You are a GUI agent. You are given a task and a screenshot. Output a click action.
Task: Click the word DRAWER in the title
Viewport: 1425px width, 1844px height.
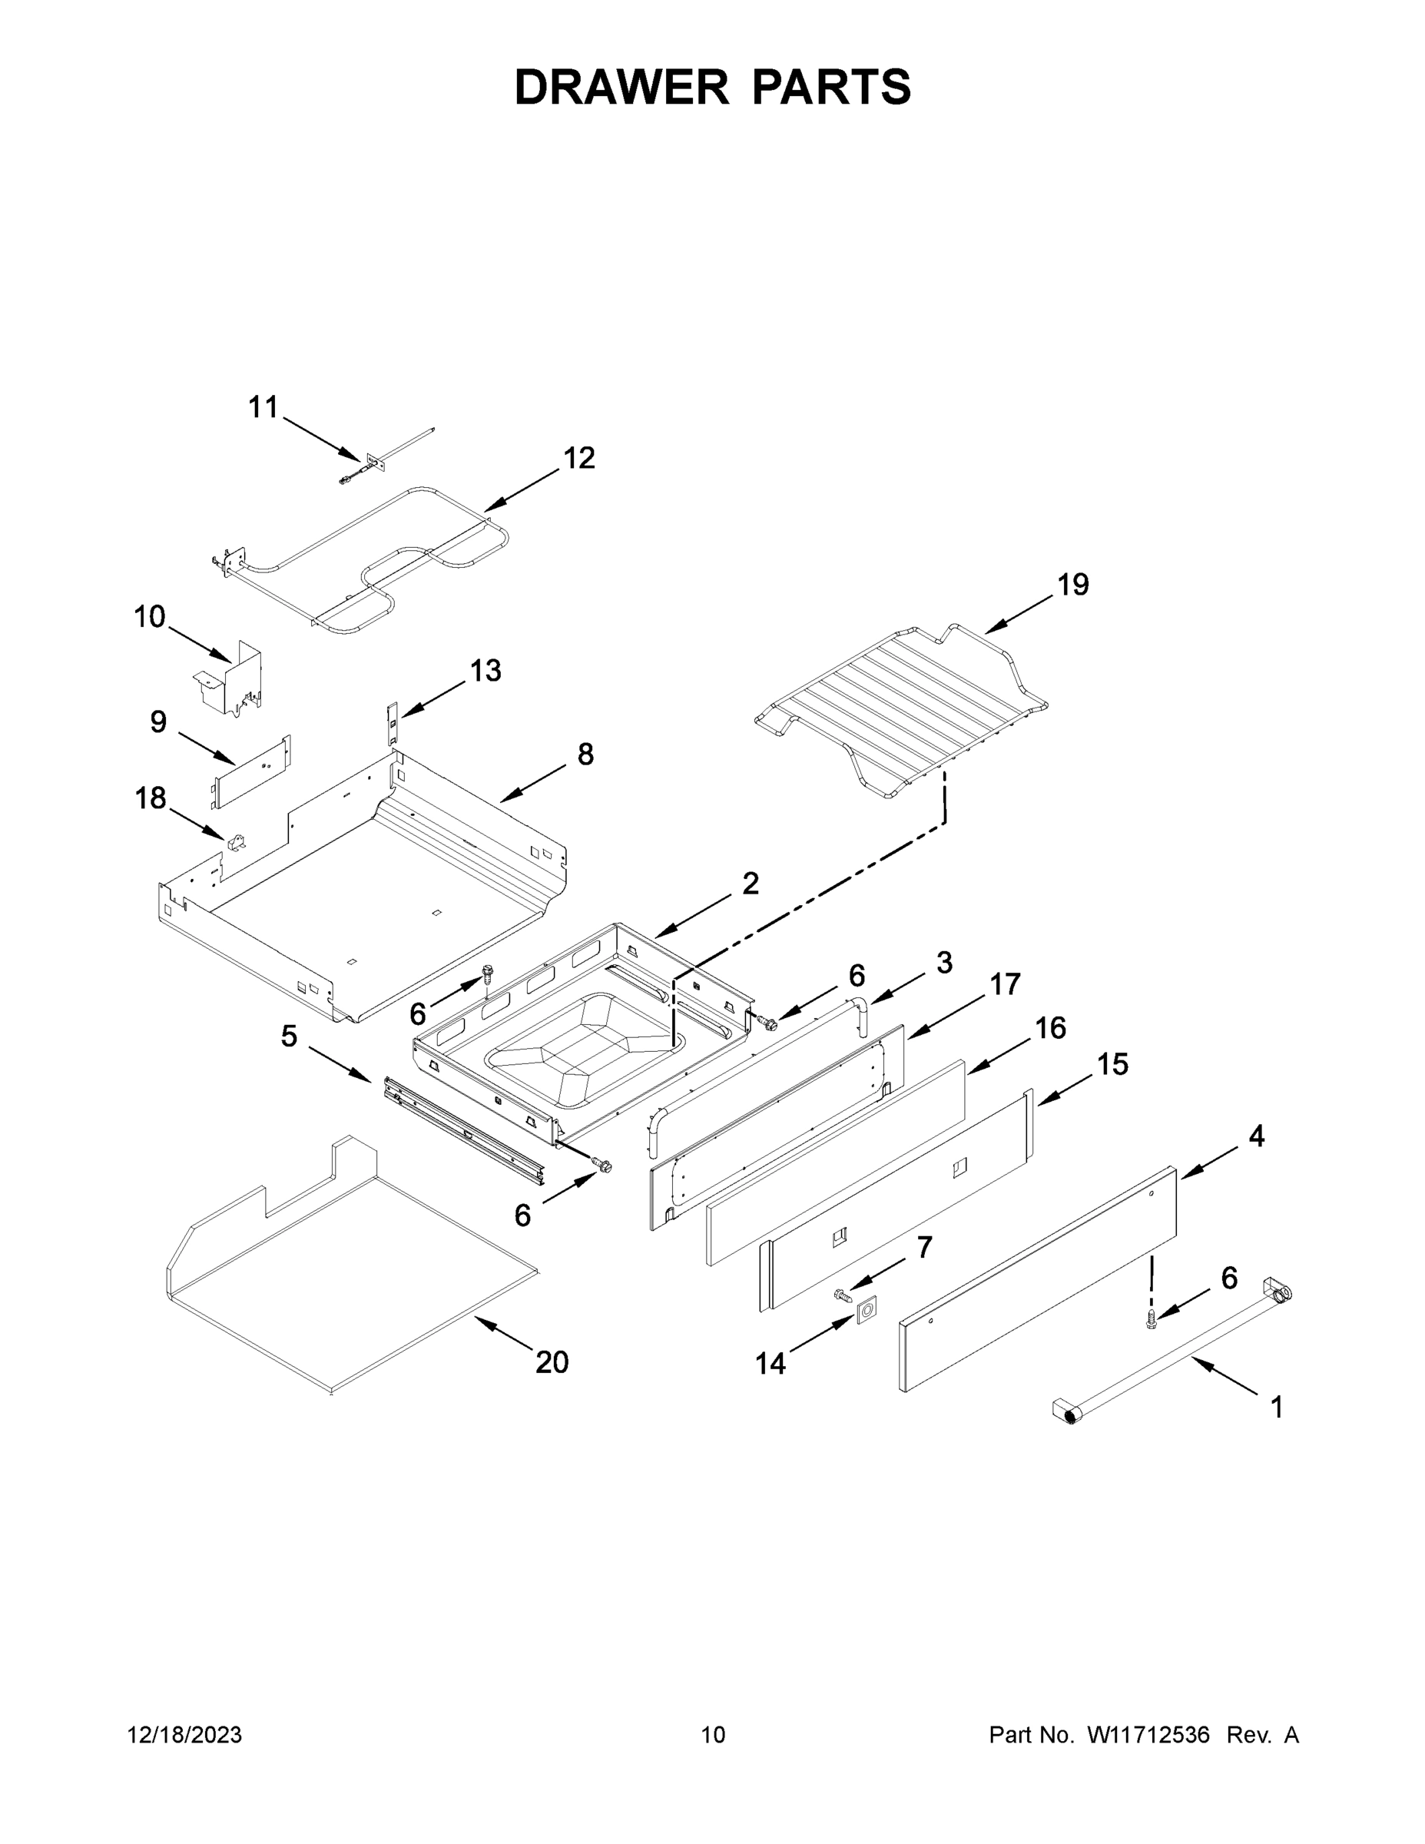(621, 87)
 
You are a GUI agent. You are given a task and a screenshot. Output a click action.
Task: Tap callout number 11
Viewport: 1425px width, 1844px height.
(263, 408)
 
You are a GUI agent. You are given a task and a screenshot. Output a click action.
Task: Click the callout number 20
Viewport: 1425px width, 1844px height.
(552, 1362)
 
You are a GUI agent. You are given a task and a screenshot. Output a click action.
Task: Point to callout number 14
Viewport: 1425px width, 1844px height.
(770, 1363)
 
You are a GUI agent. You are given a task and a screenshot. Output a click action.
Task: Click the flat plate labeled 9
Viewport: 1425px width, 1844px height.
(250, 772)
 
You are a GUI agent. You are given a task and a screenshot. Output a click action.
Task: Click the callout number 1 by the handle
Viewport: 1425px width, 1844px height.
(1277, 1408)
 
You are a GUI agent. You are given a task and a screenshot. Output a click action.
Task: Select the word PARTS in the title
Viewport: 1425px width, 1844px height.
(831, 87)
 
